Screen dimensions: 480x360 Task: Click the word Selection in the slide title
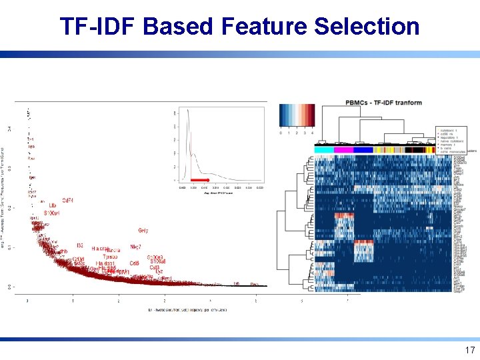tap(366, 27)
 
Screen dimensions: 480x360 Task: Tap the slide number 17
tap(469, 350)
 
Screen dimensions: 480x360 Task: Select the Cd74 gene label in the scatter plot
tap(68, 201)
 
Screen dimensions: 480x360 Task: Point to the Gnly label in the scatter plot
tap(143, 231)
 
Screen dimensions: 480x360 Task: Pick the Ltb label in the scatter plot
tap(53, 205)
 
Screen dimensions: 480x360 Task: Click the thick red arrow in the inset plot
tap(199, 180)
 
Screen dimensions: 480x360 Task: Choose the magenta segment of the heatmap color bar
tap(343, 150)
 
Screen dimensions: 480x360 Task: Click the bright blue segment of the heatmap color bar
tap(363, 150)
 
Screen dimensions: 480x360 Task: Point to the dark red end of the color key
tap(312, 115)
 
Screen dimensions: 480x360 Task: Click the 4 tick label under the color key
tap(312, 133)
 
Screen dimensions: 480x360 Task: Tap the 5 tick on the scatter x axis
tap(256, 301)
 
